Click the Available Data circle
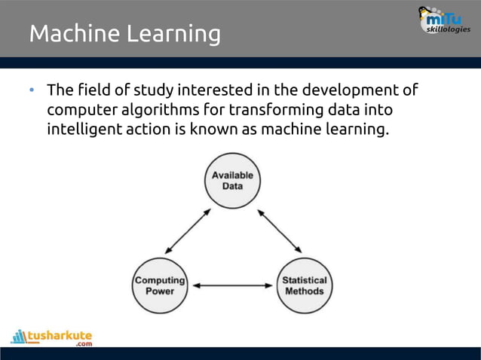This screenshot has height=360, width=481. coord(232,180)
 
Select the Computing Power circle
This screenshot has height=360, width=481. coord(160,285)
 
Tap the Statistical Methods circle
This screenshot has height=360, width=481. coord(305,285)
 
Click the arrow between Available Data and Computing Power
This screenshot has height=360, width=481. coord(188,230)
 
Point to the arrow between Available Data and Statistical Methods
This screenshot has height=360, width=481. coord(280,230)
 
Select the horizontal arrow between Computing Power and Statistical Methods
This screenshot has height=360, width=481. coord(232,286)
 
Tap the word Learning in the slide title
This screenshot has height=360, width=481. coord(178,35)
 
